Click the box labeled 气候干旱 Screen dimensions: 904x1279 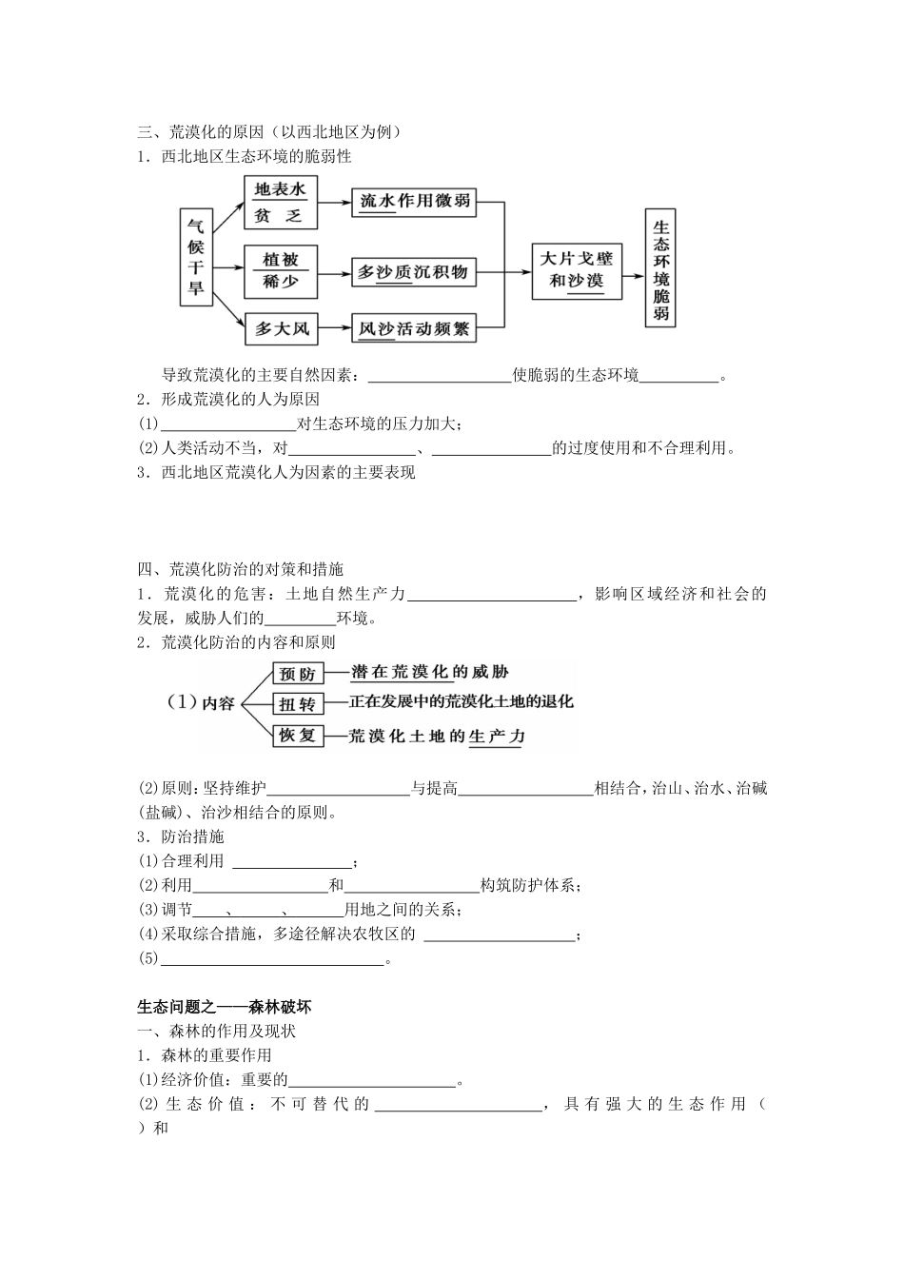point(195,257)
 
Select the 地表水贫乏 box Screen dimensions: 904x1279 point(280,203)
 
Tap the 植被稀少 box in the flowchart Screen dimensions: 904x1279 point(280,270)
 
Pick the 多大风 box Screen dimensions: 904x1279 point(282,329)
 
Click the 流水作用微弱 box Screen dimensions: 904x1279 point(414,203)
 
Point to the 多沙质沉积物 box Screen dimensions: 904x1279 point(414,271)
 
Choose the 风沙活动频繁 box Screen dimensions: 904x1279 point(414,329)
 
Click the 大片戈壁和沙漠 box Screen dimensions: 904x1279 point(577,269)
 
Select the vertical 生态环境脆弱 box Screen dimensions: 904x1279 point(661,269)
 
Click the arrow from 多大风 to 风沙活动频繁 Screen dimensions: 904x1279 point(335,329)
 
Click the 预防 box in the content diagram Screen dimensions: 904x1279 point(297,674)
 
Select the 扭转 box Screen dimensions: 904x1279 point(297,704)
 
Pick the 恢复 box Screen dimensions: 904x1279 point(297,736)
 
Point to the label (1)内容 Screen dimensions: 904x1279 point(201,703)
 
